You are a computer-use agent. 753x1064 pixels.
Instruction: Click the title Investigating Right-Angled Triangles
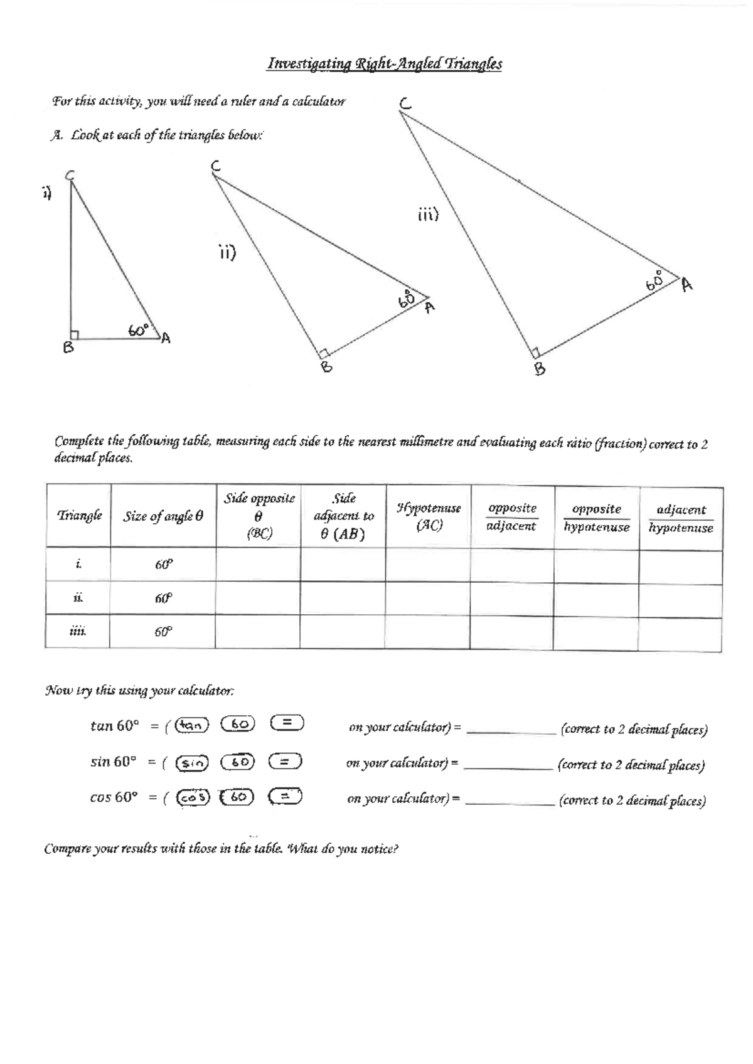point(385,64)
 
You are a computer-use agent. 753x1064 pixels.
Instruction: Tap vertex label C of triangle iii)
point(406,104)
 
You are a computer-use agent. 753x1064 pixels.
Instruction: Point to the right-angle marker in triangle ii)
point(324,353)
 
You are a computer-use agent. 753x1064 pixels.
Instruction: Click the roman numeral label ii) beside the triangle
point(227,253)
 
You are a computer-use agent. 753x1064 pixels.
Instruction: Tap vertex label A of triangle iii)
point(687,285)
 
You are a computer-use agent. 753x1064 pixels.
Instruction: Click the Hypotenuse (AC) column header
point(429,516)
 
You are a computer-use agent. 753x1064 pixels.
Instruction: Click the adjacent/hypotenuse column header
point(681,518)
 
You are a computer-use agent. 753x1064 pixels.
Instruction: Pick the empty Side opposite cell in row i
point(258,564)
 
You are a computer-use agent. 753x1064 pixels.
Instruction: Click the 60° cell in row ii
point(163,598)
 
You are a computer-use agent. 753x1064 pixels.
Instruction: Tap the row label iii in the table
point(77,631)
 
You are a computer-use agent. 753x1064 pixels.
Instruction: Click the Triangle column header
point(79,516)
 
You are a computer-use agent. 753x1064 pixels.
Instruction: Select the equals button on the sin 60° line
point(286,762)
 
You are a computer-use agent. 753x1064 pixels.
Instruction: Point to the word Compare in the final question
point(66,849)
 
